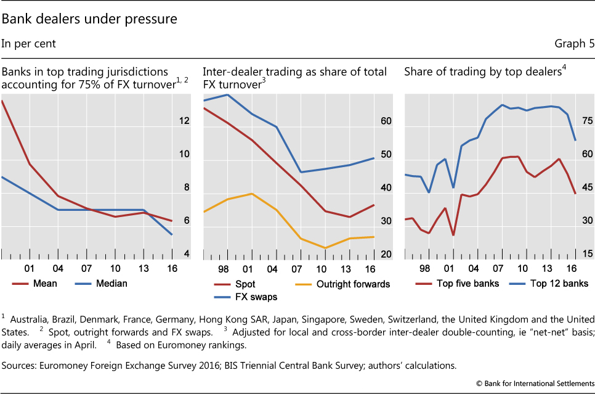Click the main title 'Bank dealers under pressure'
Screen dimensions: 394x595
pos(89,19)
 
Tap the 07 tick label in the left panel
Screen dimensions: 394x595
pos(86,269)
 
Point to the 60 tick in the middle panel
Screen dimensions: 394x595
pos(386,121)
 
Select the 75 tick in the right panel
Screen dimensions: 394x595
pos(587,121)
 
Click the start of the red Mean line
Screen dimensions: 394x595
pos(2,101)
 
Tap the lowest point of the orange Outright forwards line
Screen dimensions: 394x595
pos(325,248)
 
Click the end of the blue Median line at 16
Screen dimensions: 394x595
pos(172,234)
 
